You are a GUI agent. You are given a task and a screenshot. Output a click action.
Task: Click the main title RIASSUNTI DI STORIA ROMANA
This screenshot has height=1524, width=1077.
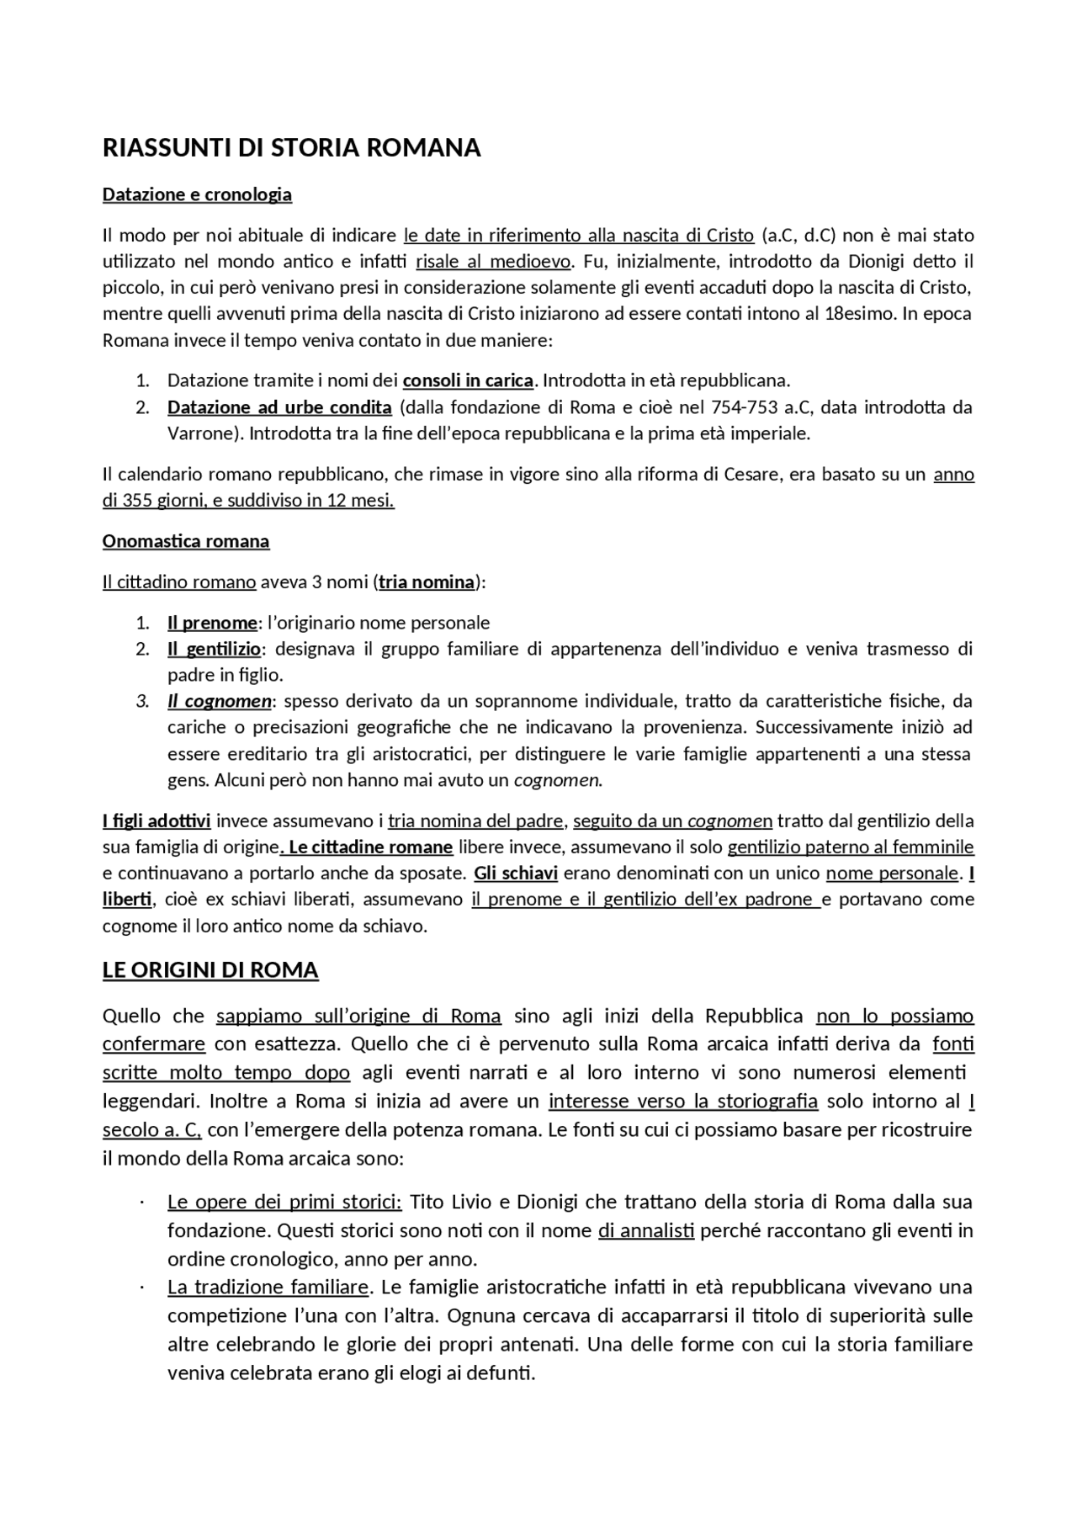tap(291, 148)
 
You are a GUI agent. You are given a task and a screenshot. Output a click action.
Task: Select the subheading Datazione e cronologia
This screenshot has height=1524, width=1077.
tap(197, 194)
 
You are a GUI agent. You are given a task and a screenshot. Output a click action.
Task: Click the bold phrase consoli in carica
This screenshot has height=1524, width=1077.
tap(468, 380)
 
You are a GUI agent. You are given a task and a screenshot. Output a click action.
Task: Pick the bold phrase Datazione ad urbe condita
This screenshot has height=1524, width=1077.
tap(279, 407)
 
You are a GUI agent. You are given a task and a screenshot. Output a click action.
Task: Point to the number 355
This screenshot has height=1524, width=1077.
tap(137, 501)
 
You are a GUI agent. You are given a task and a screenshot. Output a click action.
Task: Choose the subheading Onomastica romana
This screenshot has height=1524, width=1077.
tap(186, 541)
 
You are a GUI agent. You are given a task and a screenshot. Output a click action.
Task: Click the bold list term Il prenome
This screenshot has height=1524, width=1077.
tap(211, 623)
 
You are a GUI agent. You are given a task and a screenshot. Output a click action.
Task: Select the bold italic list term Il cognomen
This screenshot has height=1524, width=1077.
tap(219, 701)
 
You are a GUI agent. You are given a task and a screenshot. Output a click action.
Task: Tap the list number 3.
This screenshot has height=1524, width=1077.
tap(142, 701)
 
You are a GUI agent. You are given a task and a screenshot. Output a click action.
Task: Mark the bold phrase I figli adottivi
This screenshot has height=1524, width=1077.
tap(157, 820)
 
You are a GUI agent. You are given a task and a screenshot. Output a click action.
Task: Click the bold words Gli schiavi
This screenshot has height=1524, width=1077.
tap(516, 873)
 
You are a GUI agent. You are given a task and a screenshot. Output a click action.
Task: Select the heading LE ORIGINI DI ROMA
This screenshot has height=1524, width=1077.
tap(210, 970)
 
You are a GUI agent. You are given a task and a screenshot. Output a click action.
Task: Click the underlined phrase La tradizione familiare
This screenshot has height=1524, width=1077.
tap(268, 1287)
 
